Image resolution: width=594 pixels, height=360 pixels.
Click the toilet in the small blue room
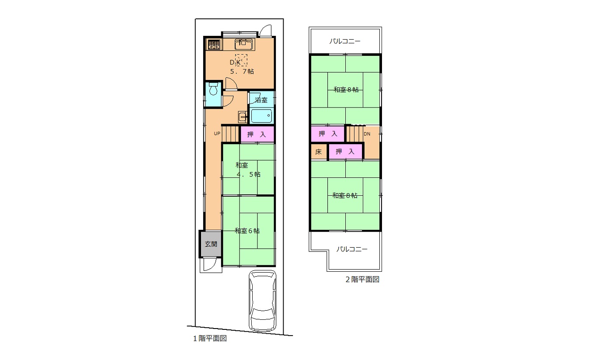pyautogui.click(x=213, y=89)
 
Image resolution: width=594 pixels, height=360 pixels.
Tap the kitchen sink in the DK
pyautogui.click(x=244, y=44)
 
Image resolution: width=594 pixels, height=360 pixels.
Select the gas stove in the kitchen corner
pyautogui.click(x=214, y=45)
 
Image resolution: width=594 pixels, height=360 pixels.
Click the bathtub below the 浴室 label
pyautogui.click(x=261, y=116)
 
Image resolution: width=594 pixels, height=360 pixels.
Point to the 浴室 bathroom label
pyautogui.click(x=261, y=100)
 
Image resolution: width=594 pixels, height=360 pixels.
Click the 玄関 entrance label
pyautogui.click(x=211, y=244)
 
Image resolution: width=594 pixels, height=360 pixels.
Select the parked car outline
pyautogui.click(x=263, y=301)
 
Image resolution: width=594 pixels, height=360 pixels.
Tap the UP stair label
pyautogui.click(x=217, y=134)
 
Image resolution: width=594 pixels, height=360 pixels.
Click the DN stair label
pyautogui.click(x=367, y=134)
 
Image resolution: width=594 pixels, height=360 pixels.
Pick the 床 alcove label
pyautogui.click(x=318, y=152)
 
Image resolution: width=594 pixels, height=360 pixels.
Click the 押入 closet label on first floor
pyautogui.click(x=257, y=135)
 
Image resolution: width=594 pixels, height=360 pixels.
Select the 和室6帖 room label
pyautogui.click(x=247, y=231)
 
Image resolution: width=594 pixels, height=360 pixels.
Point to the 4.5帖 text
pyautogui.click(x=248, y=174)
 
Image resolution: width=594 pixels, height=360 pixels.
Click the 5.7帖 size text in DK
pyautogui.click(x=242, y=71)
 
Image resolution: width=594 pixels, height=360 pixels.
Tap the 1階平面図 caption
pyautogui.click(x=210, y=339)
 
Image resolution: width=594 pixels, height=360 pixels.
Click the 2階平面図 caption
pyautogui.click(x=362, y=280)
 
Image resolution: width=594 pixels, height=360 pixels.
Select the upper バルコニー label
pyautogui.click(x=345, y=42)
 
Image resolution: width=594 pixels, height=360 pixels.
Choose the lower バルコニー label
pyautogui.click(x=352, y=249)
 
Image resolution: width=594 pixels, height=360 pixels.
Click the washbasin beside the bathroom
pyautogui.click(x=242, y=117)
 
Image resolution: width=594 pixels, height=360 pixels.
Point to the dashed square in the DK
pyautogui.click(x=241, y=60)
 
